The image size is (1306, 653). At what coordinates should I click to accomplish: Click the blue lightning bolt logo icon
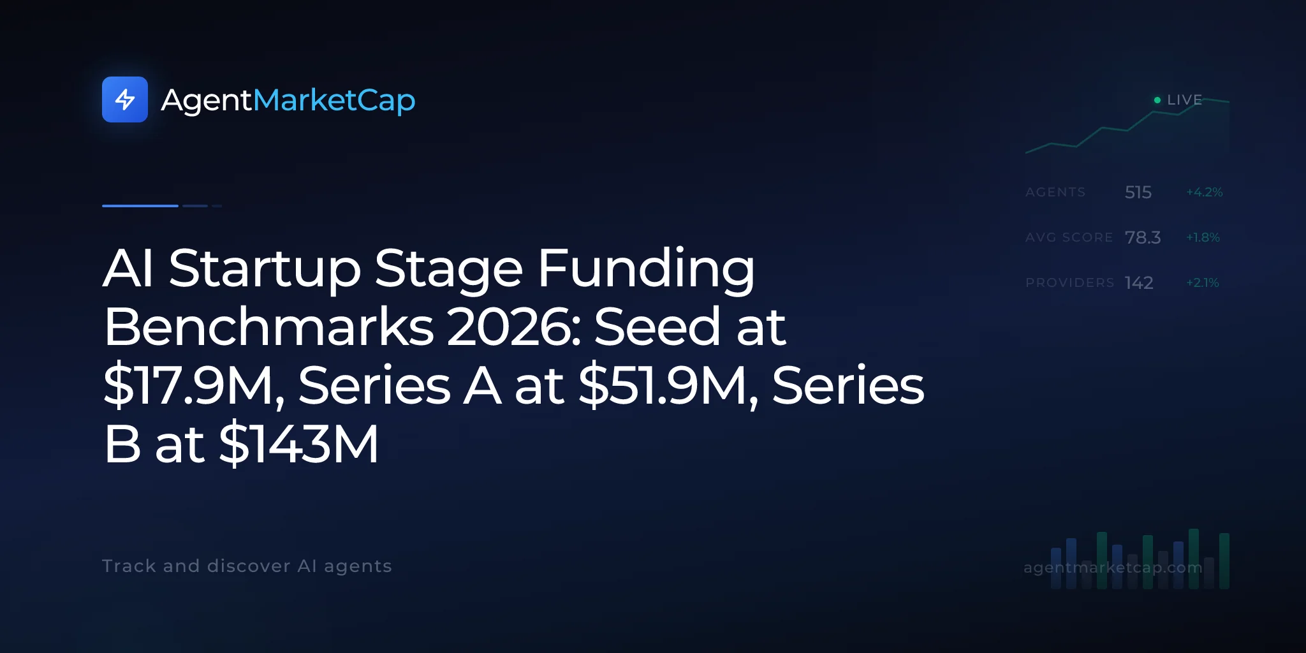[x=125, y=99]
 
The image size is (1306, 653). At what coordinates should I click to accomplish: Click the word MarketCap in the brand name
[x=334, y=101]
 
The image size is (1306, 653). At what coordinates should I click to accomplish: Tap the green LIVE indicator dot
[x=1157, y=100]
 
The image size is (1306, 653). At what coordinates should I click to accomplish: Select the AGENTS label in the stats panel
[x=1055, y=192]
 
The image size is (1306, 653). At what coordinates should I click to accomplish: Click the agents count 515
[x=1138, y=192]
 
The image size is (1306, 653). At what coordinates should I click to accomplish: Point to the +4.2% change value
[x=1204, y=192]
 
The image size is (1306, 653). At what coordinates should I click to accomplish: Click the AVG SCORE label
[x=1069, y=237]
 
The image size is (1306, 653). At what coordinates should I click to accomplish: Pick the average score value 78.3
[x=1143, y=237]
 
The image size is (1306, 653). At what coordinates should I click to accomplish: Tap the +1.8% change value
[x=1203, y=237]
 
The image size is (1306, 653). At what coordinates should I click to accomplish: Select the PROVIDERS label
[x=1070, y=282]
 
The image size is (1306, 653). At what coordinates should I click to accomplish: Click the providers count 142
[x=1139, y=282]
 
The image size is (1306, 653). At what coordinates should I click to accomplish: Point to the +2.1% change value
[x=1203, y=282]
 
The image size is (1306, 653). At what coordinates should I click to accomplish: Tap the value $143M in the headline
[x=298, y=444]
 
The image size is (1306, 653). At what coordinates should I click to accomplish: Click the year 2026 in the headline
[x=514, y=326]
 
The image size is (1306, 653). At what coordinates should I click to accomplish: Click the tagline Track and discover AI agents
[x=247, y=566]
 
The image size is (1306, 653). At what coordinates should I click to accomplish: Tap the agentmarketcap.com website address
[x=1113, y=567]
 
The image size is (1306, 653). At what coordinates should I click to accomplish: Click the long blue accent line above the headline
[x=140, y=206]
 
